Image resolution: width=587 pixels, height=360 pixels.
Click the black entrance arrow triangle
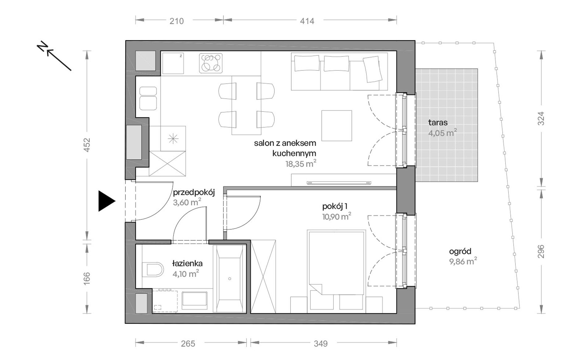(106, 201)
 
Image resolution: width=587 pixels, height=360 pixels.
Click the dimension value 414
(307, 21)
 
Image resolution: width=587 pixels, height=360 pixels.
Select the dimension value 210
(176, 21)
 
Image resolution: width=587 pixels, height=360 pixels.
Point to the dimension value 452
(87, 145)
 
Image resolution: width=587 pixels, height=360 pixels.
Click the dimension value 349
(321, 344)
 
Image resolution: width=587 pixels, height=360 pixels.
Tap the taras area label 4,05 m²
(442, 133)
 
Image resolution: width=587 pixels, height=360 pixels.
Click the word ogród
(460, 252)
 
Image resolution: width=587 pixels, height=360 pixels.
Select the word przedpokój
(194, 193)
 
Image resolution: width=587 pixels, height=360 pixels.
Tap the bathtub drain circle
(230, 279)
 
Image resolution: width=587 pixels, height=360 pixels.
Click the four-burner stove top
(211, 63)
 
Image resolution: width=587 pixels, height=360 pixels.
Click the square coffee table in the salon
(337, 125)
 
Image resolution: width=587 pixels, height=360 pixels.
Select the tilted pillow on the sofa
(373, 69)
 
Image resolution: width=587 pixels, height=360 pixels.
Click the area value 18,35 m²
(301, 163)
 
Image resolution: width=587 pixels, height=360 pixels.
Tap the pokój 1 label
(335, 206)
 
